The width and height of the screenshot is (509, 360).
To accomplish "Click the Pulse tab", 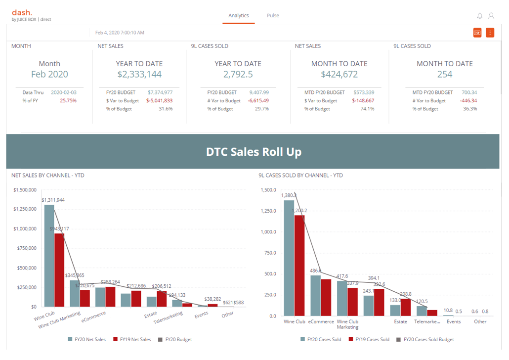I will click(273, 16).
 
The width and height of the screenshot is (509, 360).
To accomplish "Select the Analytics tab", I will click(239, 16).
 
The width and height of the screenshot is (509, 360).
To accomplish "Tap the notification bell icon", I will click(479, 16).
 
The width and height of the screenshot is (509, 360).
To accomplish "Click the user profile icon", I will click(491, 16).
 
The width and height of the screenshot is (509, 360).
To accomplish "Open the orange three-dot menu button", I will click(490, 33).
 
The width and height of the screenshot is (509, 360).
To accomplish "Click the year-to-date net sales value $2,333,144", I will click(139, 75).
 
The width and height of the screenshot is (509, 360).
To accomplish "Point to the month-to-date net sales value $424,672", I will click(339, 75).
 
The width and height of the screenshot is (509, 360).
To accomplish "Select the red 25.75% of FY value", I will click(68, 100).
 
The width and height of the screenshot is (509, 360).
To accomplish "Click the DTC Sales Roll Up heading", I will click(253, 152).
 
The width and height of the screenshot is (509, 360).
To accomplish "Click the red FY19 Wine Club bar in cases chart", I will click(299, 265).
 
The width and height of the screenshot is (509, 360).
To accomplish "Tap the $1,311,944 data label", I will click(53, 200).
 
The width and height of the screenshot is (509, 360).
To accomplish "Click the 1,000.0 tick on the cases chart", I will click(268, 232).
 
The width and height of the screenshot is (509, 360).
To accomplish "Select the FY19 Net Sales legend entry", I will click(132, 340).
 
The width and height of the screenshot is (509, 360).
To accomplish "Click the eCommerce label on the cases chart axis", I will click(321, 322).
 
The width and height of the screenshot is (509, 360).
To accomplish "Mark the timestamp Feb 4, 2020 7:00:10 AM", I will click(120, 33).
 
